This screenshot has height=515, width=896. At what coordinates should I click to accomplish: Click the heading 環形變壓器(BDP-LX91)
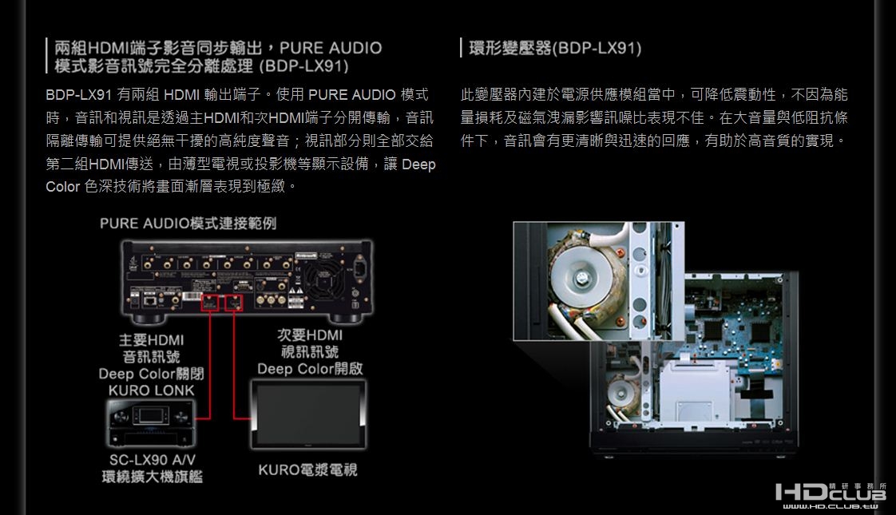pyautogui.click(x=555, y=49)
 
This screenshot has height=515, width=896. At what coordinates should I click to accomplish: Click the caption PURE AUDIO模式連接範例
pyautogui.click(x=188, y=223)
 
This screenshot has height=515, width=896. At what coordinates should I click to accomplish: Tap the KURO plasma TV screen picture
pyautogui.click(x=307, y=412)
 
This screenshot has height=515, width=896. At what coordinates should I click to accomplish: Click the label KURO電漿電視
pyautogui.click(x=307, y=469)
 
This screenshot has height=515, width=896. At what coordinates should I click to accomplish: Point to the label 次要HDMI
pyautogui.click(x=309, y=335)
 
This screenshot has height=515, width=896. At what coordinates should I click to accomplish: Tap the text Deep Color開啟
pyautogui.click(x=309, y=368)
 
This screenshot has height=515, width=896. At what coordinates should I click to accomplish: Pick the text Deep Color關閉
pyautogui.click(x=151, y=374)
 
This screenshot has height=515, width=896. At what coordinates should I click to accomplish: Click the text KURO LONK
pyautogui.click(x=151, y=390)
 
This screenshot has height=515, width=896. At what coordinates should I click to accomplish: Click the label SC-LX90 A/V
pyautogui.click(x=151, y=460)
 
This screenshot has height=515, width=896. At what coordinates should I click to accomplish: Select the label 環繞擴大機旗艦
pyautogui.click(x=151, y=477)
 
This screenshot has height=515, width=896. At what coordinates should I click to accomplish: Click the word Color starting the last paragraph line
pyautogui.click(x=63, y=186)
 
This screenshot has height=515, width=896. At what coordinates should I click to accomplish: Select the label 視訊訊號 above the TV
pyautogui.click(x=309, y=351)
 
